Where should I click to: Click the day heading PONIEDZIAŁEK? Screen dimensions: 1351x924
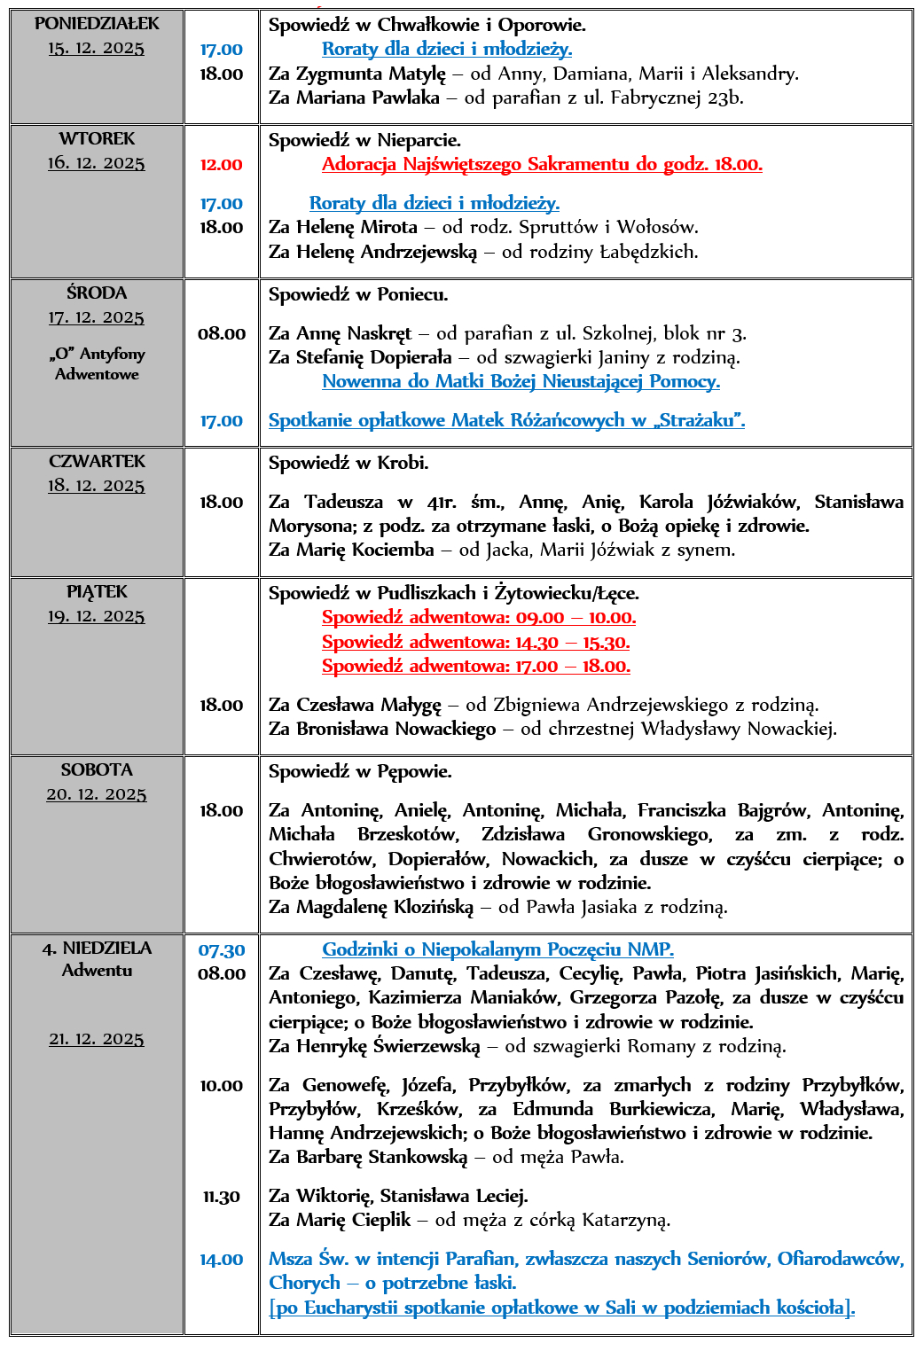pyautogui.click(x=97, y=24)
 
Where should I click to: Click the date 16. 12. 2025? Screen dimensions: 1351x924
pyautogui.click(x=97, y=163)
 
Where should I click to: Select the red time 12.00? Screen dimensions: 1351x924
pyautogui.click(x=221, y=165)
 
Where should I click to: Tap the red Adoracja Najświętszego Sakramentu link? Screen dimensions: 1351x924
pyautogui.click(x=541, y=164)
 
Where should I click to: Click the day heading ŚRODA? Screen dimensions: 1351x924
pyautogui.click(x=97, y=293)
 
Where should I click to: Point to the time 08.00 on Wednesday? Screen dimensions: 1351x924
pyautogui.click(x=222, y=334)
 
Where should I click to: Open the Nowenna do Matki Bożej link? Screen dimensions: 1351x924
pyautogui.click(x=521, y=382)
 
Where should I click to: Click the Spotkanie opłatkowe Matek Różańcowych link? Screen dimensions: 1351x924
pyautogui.click(x=506, y=421)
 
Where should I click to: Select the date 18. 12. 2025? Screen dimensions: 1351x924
pyautogui.click(x=97, y=486)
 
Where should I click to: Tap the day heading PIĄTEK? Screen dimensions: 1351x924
pyautogui.click(x=97, y=592)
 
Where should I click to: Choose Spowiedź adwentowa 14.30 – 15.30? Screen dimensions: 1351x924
pyautogui.click(x=475, y=642)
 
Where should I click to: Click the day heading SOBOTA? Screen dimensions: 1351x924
pyautogui.click(x=97, y=770)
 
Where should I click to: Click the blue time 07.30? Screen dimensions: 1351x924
pyautogui.click(x=222, y=950)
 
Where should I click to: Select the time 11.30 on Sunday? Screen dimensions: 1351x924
pyautogui.click(x=222, y=1197)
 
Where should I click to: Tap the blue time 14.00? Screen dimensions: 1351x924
pyautogui.click(x=222, y=1260)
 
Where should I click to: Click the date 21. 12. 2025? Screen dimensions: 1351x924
pyautogui.click(x=97, y=1039)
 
